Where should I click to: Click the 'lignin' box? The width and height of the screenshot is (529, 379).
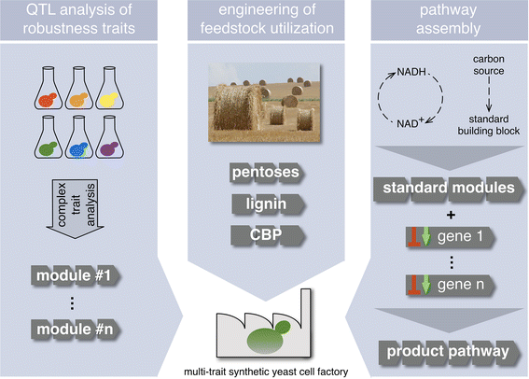(x=264, y=203)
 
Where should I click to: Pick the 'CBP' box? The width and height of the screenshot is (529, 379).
(x=264, y=232)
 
